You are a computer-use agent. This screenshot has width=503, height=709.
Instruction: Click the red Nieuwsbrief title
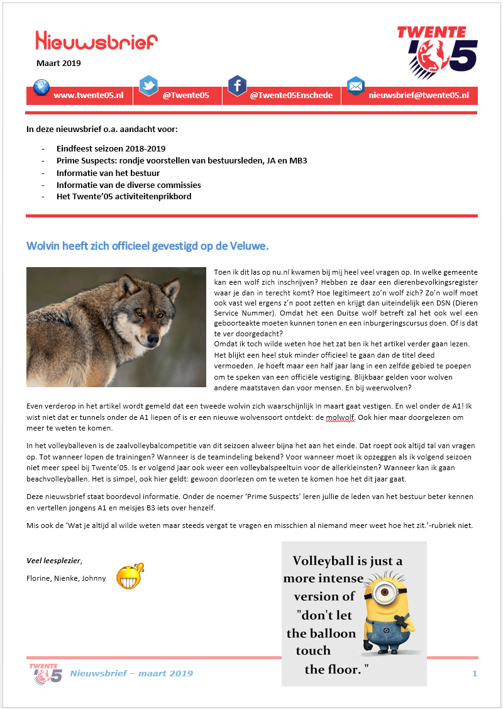(x=96, y=41)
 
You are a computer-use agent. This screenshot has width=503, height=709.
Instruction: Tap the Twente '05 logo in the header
(x=437, y=47)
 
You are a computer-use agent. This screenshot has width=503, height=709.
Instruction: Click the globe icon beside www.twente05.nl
(x=41, y=87)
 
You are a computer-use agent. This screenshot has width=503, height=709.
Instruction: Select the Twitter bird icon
(x=148, y=85)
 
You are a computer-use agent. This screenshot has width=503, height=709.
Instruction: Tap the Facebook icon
(x=237, y=85)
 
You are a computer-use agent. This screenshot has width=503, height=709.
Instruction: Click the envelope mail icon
(x=356, y=85)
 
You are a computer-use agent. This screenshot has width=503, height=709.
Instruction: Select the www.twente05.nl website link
(x=88, y=96)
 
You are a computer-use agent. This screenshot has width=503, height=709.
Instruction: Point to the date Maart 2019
(x=58, y=63)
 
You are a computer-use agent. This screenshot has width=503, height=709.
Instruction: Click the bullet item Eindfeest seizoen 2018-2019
(x=111, y=149)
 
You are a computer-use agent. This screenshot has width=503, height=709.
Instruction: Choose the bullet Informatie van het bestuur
(x=108, y=173)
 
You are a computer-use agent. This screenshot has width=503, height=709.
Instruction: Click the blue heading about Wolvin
(x=148, y=245)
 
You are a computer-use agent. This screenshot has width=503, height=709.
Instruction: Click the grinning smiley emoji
(x=130, y=576)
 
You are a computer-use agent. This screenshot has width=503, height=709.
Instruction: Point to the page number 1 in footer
(x=475, y=673)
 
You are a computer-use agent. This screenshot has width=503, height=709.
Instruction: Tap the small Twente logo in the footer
(x=46, y=673)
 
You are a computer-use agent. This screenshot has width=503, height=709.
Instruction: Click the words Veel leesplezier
(x=54, y=561)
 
